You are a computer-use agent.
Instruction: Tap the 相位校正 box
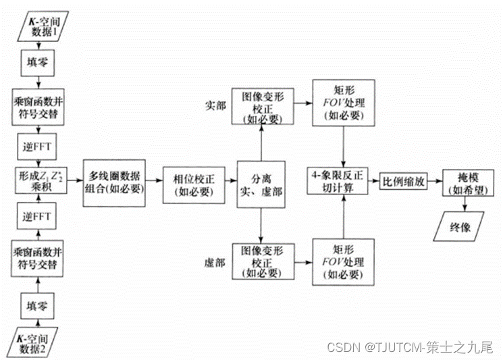pos(192,182)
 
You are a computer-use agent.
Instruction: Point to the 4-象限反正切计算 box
pos(338,182)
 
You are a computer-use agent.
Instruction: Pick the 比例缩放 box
pos(402,182)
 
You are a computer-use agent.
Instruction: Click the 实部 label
pos(214,106)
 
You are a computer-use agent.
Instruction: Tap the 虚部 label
pos(214,260)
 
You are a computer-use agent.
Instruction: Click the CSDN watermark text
pos(410,347)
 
